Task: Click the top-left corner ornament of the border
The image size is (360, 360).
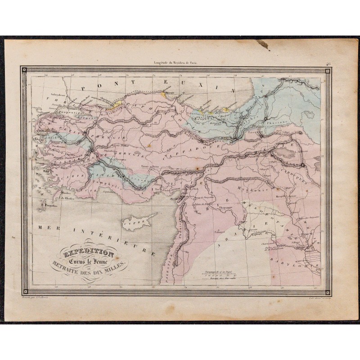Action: pyautogui.click(x=25, y=70)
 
